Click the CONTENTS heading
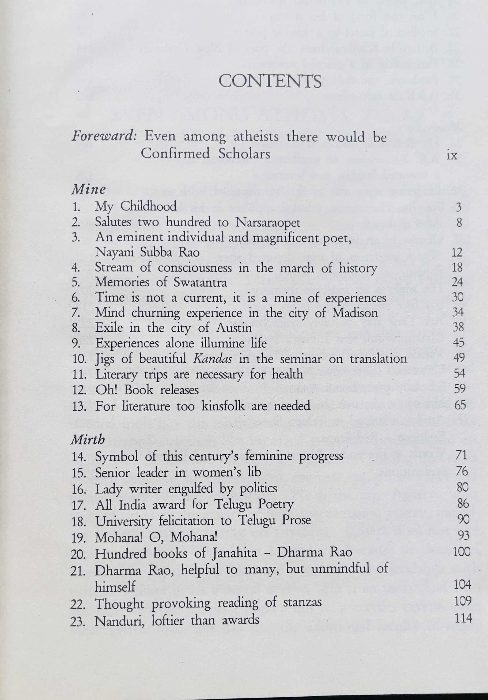(270, 82)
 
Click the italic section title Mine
(88, 190)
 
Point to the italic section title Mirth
(88, 439)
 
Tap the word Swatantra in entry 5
(200, 283)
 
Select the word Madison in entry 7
(355, 313)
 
